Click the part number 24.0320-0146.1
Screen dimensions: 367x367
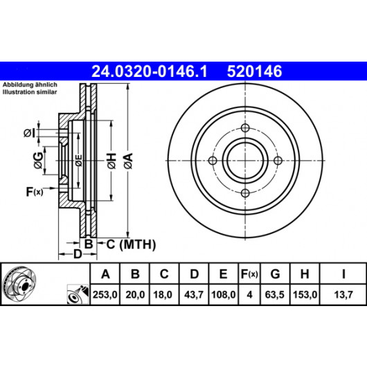(150, 71)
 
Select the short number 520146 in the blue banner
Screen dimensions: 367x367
(254, 71)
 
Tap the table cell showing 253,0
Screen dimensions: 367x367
(105, 294)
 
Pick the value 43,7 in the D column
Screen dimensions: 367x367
(194, 294)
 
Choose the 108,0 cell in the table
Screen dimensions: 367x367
(223, 294)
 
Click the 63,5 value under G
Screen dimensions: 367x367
(274, 294)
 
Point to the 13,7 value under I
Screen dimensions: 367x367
(343, 294)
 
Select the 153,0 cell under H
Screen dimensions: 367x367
(305, 294)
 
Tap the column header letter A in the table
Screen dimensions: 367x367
(105, 274)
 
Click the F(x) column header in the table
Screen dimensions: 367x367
(249, 274)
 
